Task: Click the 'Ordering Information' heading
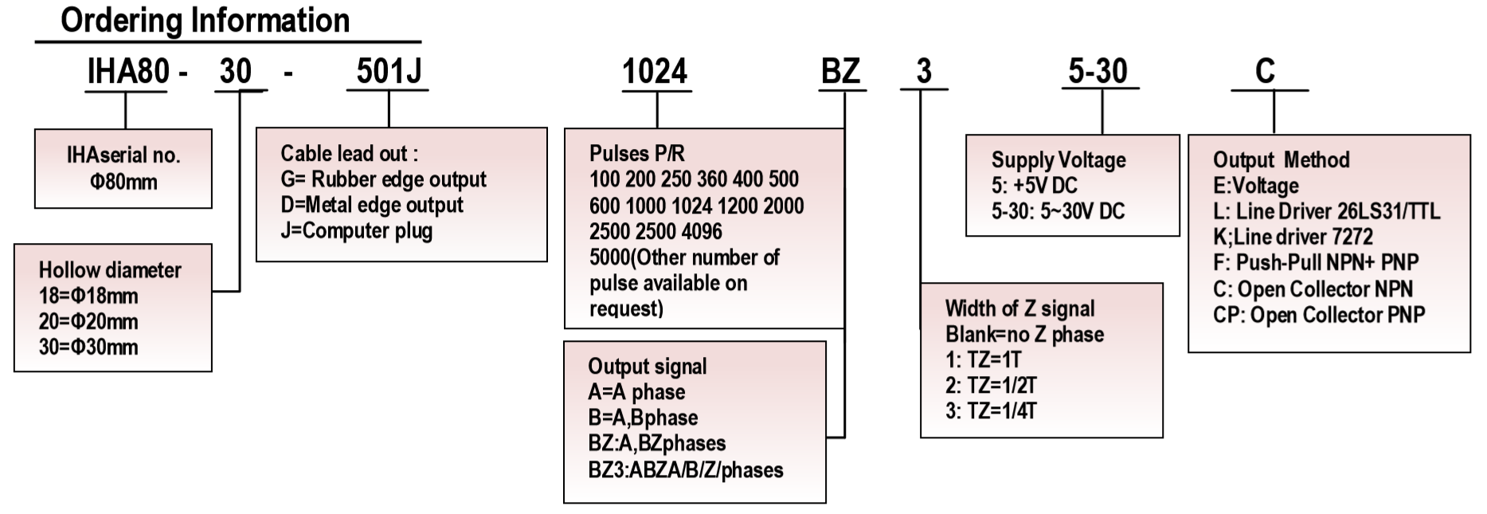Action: [x=205, y=20]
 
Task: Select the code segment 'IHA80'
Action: [x=128, y=72]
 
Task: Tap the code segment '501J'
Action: [x=388, y=72]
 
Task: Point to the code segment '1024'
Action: [x=654, y=72]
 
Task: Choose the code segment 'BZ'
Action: [x=840, y=72]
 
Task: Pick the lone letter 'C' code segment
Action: [x=1265, y=72]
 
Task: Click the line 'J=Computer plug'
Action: [x=356, y=231]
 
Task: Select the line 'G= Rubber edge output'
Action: [x=383, y=179]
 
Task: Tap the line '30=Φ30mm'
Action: [x=88, y=347]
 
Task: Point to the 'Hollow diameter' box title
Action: [x=110, y=270]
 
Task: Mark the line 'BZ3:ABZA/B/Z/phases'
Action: [x=685, y=470]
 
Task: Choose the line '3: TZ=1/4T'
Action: [x=991, y=411]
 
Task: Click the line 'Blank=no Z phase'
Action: [x=1024, y=335]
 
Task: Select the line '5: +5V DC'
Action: [x=1034, y=186]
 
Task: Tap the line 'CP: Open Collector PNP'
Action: [x=1318, y=315]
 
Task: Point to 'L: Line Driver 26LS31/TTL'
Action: [x=1326, y=211]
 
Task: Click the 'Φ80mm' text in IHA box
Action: [x=123, y=182]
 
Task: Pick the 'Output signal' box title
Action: [x=647, y=367]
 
